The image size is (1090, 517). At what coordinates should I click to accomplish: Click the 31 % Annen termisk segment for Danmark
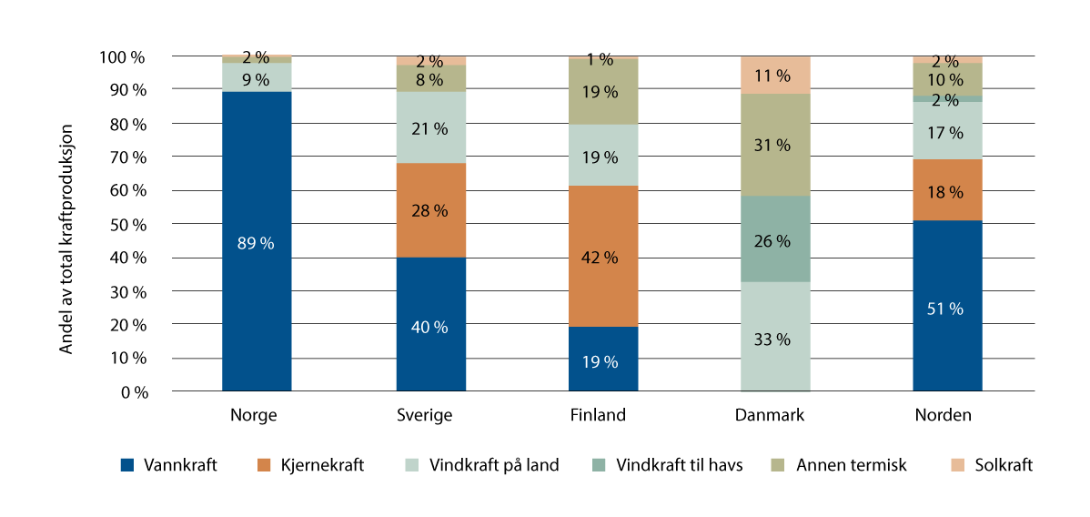coord(775,144)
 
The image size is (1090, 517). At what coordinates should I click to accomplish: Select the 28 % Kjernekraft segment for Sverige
coord(430,210)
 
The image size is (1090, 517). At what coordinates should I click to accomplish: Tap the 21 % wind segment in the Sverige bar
coord(430,127)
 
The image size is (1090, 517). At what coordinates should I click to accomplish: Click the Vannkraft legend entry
coord(169,465)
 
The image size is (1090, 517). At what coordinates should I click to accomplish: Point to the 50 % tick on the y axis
coord(125,224)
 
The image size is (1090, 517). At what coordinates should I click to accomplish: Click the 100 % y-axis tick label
coord(121,56)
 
